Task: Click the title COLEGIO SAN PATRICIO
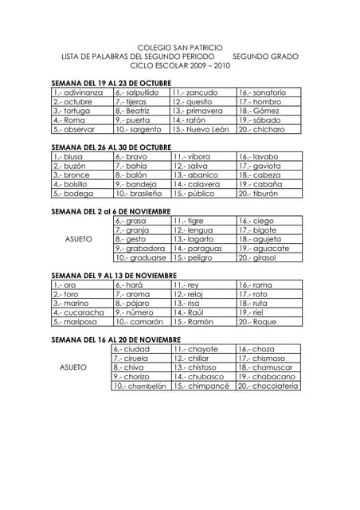pyautogui.click(x=180, y=48)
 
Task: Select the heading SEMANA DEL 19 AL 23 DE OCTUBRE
pyautogui.click(x=111, y=83)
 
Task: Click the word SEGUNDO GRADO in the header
pyautogui.click(x=266, y=57)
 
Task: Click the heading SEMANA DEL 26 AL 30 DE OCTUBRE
pyautogui.click(x=111, y=147)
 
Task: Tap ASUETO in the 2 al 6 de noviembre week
pyautogui.click(x=78, y=239)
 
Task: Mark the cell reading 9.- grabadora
pyautogui.click(x=140, y=249)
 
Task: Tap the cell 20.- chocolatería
pyautogui.click(x=268, y=386)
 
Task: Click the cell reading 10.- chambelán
pyautogui.click(x=139, y=386)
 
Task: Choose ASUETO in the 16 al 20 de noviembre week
pyautogui.click(x=74, y=367)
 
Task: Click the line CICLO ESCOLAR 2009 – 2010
pyautogui.click(x=180, y=66)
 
